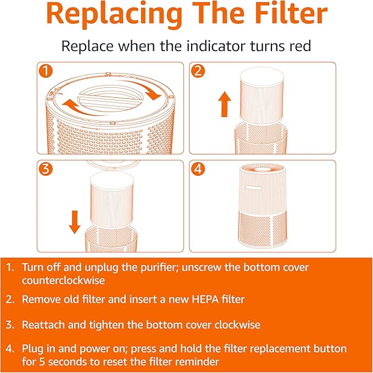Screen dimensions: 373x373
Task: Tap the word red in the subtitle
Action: tap(299, 46)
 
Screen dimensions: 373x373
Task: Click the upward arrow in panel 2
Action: tap(224, 104)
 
